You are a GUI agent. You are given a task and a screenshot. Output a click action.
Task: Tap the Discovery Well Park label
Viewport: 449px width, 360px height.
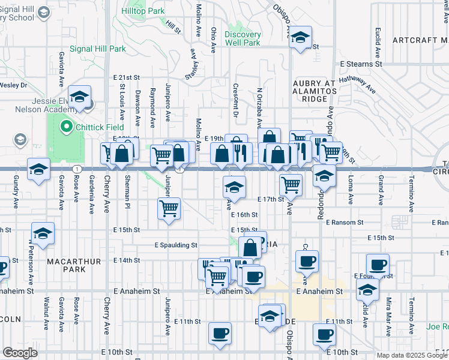243,39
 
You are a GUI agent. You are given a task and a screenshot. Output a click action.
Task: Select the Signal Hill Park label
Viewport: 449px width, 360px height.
97,49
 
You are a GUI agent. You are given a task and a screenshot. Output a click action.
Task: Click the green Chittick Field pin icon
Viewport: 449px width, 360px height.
66,127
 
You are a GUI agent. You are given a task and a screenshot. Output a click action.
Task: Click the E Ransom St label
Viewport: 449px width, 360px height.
345,222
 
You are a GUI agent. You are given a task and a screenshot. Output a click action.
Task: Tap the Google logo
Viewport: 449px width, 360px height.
20,353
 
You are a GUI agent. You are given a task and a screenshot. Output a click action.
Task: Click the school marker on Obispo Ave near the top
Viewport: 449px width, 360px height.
300,38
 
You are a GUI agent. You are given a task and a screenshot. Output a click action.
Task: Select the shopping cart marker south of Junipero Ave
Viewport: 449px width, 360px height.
169,209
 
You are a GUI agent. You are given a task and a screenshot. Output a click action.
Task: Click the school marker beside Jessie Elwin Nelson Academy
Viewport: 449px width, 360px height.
79,97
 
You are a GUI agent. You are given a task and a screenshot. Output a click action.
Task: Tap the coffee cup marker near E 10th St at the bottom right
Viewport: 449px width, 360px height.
325,334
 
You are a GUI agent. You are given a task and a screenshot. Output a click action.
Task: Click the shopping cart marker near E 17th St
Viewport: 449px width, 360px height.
291,185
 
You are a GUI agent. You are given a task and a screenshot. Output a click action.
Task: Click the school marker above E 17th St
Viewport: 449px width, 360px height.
234,187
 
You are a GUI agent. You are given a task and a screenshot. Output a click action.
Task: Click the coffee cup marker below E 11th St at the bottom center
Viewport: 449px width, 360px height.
220,333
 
